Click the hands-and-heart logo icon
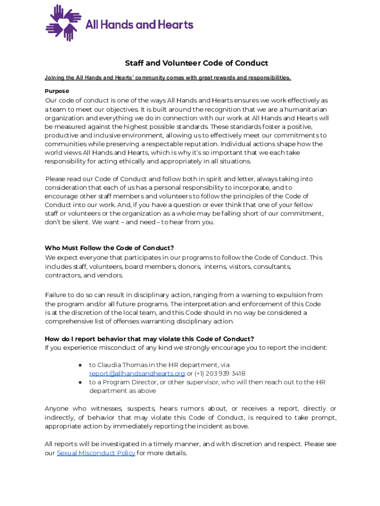coord(63,23)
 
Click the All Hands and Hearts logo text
coord(140,24)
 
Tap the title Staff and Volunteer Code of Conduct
coord(196,63)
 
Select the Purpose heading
coord(57,91)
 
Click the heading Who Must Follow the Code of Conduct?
coord(109,248)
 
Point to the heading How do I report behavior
coord(149,339)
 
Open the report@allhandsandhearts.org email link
coord(137,374)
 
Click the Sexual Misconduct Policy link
coord(96,453)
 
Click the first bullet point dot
coord(80,365)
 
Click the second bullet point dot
coord(80,382)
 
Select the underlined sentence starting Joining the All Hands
coord(168,78)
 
